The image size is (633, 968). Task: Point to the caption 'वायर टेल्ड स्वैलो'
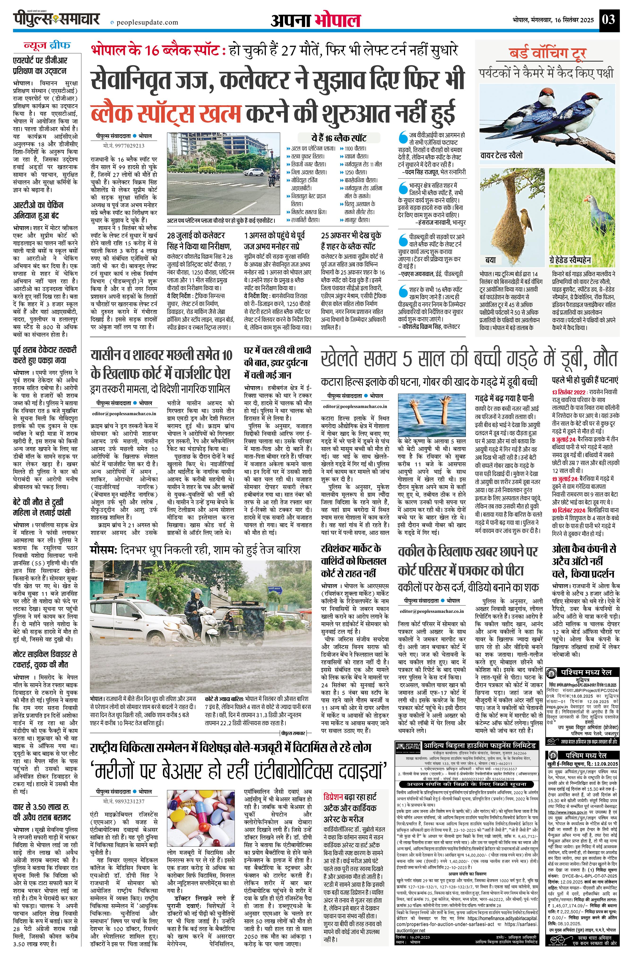[501, 155]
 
